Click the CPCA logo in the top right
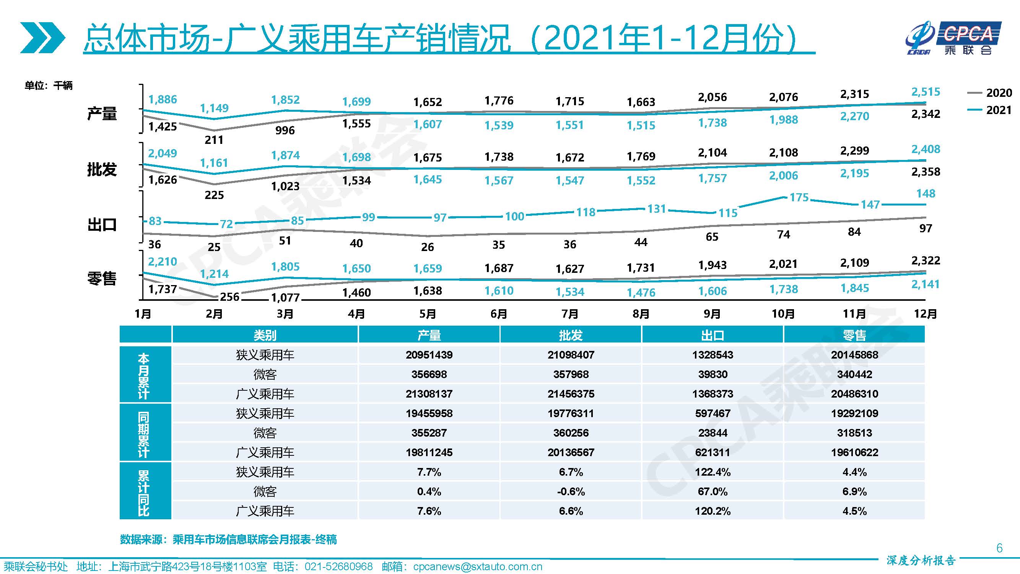953,38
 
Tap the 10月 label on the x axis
783,314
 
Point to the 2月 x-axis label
214,314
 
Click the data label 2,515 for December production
926,92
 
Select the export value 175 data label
799,197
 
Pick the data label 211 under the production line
214,140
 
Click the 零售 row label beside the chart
102,279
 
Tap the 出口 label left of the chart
102,225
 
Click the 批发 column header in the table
571,335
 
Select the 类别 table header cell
265,335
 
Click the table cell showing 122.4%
713,472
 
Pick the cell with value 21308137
429,394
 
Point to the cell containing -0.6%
571,492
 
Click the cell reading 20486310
854,394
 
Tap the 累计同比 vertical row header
144,492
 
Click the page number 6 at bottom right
999,548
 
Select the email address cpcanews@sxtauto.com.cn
477,567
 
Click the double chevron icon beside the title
42,38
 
